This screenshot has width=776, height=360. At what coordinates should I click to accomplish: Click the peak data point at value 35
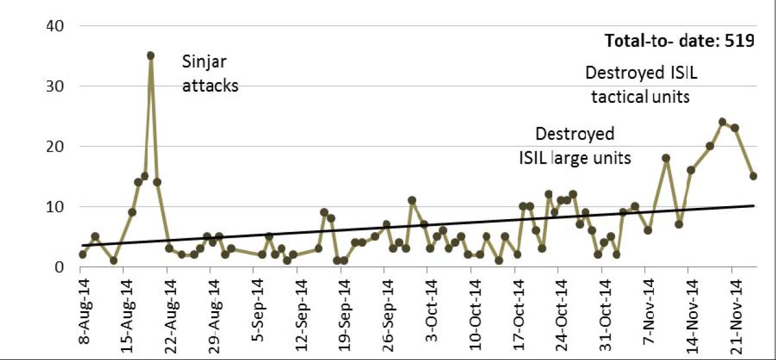[x=151, y=55]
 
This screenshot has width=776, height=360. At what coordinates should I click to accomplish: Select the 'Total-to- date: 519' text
[x=679, y=41]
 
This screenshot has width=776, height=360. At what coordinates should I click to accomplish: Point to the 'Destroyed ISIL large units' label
[x=575, y=146]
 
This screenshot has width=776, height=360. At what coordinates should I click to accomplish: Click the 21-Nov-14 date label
[x=735, y=309]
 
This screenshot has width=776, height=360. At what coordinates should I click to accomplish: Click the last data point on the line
[x=753, y=176]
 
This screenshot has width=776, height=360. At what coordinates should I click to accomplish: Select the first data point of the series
[x=83, y=254]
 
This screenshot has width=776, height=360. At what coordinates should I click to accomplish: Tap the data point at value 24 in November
[x=722, y=122]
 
